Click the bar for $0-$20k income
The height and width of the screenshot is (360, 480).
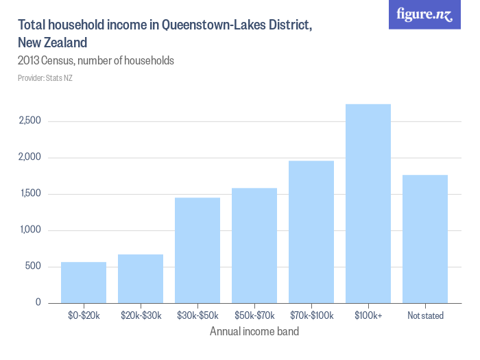84,282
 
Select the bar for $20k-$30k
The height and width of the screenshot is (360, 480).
141,278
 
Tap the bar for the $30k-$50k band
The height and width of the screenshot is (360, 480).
197,250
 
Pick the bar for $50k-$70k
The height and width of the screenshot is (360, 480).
254,245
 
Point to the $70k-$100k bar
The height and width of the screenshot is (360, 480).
311,231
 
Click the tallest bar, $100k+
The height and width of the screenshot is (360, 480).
368,203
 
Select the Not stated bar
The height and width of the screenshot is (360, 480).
425,239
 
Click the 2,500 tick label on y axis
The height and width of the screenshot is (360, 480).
29,121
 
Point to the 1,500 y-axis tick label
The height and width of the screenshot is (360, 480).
29,194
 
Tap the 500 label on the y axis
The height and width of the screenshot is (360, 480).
34,267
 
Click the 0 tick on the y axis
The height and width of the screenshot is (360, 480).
38,302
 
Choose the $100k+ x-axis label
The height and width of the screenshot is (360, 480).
368,316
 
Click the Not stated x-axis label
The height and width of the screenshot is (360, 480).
425,316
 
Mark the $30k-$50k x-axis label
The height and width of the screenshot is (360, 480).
197,316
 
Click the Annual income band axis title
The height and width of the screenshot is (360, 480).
254,332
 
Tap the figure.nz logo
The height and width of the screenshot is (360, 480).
425,15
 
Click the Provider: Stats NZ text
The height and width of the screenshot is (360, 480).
45,78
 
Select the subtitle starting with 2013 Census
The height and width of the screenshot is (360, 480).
96,61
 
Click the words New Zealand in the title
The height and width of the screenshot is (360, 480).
53,43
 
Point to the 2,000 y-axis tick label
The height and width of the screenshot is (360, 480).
29,158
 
